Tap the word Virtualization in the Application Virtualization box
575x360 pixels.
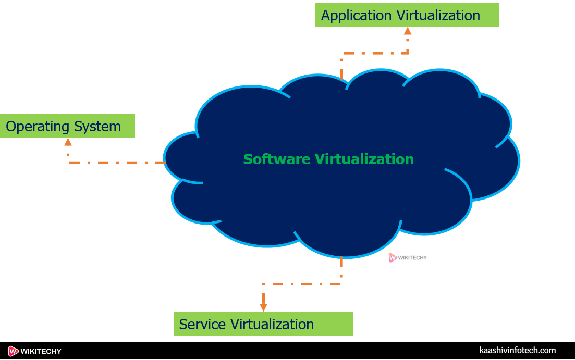pos(438,16)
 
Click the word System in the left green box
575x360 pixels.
pos(97,127)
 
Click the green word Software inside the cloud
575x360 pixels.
pos(277,159)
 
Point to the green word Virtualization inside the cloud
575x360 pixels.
pos(364,159)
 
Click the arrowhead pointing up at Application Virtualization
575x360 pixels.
pos(408,31)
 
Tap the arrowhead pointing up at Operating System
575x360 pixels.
pos(68,142)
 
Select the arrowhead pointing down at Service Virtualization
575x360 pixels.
pos(263,307)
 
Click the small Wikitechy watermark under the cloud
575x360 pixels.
pos(408,257)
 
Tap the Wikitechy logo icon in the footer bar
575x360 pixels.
pos(14,351)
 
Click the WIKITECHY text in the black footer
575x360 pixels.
pos(41,352)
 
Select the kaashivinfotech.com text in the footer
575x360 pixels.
pos(517,351)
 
